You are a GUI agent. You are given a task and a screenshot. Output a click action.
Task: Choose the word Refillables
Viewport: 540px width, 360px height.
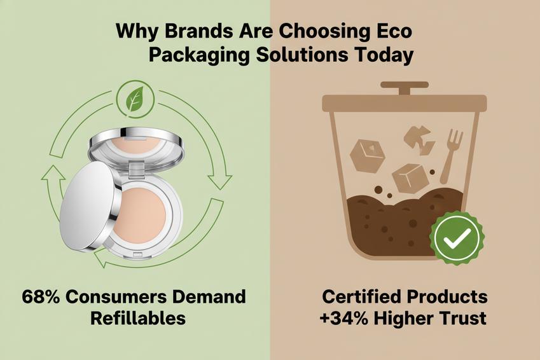(138, 318)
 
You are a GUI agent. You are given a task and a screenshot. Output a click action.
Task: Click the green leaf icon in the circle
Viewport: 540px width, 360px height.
(135, 99)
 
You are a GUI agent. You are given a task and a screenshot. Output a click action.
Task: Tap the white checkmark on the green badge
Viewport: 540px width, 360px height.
(457, 238)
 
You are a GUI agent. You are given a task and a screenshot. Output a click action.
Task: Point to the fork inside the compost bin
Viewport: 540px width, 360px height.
(450, 156)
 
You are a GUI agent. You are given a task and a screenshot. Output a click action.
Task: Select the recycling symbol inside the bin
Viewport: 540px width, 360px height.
(418, 140)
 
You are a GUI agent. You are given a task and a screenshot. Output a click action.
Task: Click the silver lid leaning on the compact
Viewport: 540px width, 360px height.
(90, 206)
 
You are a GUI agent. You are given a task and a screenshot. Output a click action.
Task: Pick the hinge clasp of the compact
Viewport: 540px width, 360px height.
(137, 169)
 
